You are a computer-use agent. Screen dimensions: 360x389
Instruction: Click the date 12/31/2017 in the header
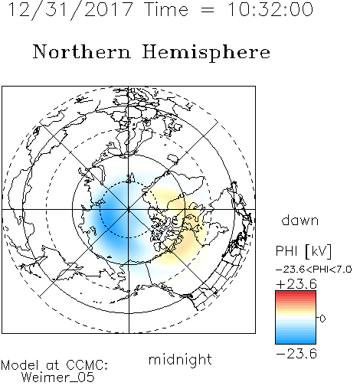[70, 10]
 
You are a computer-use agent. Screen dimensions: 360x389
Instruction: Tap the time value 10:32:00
[270, 9]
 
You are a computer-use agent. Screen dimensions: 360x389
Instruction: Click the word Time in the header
[166, 9]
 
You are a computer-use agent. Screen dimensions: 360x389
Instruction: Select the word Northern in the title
[81, 52]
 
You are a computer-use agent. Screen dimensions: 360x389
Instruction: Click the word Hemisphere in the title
[206, 53]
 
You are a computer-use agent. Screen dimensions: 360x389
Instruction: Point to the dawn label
[300, 220]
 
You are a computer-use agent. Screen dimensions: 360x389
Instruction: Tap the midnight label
[180, 359]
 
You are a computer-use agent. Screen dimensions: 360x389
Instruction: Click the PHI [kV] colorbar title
[303, 251]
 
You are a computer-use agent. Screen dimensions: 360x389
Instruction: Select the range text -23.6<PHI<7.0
[314, 270]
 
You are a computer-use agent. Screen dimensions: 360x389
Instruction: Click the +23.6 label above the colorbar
[296, 284]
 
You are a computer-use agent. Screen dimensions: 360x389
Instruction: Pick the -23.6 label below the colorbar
[296, 354]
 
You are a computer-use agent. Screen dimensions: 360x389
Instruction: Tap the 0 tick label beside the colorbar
[322, 319]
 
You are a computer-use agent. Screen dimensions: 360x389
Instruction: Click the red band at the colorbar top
[296, 294]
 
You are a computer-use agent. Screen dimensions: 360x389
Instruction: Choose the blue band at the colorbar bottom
[296, 340]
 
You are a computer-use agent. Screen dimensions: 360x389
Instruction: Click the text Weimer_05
[58, 378]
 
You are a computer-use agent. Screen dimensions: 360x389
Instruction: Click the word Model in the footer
[20, 365]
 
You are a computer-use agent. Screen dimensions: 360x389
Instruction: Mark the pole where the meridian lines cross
[129, 209]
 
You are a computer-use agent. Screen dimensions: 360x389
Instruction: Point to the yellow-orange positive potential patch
[180, 224]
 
